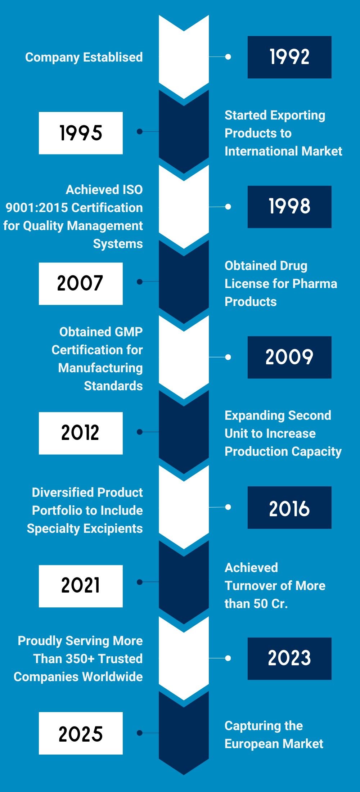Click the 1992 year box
(289, 57)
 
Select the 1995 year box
(81, 133)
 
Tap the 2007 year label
(81, 283)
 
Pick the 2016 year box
(289, 507)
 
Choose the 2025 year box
(81, 733)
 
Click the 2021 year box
(81, 586)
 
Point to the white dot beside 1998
(228, 207)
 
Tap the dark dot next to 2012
(140, 432)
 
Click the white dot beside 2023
(228, 658)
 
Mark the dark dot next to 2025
(140, 733)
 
